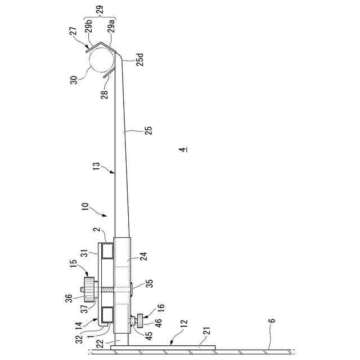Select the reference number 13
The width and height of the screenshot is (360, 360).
coord(97,166)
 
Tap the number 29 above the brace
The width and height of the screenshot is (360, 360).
coord(100,10)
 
